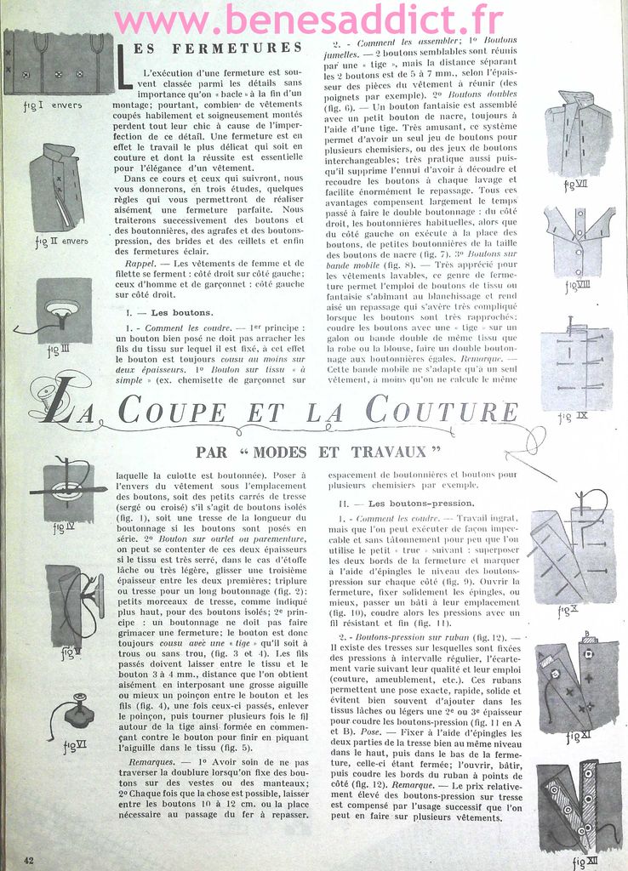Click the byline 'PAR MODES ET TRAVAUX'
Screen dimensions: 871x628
319,452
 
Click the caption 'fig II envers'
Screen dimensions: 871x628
61,241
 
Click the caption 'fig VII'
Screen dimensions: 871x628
576,185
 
